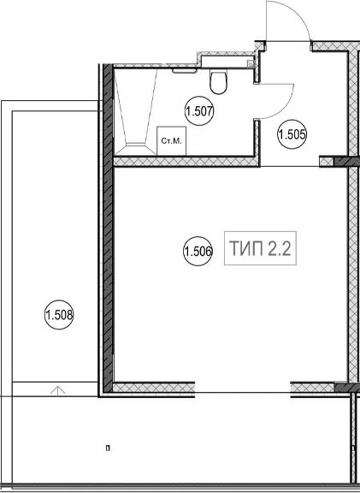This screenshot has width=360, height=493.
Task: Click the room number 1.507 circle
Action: point(199,111)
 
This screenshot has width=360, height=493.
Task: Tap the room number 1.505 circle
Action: point(292,134)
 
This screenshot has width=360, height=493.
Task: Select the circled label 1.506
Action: point(198,252)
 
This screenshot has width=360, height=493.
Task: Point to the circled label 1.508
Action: point(59,315)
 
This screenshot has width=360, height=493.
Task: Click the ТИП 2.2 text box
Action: point(260,248)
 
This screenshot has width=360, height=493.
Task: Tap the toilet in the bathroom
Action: point(218,82)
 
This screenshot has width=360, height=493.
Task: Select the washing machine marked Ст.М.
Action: point(172,141)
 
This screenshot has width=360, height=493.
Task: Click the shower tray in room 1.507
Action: point(135,111)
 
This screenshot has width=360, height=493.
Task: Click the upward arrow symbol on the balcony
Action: point(58,390)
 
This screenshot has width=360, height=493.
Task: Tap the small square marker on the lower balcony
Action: point(108,448)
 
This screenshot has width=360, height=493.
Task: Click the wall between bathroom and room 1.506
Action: point(186,162)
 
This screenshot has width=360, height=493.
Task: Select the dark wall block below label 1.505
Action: point(345,162)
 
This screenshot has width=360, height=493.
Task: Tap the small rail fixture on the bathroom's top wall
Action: point(185,71)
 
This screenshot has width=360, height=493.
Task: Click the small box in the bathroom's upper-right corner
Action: point(251,64)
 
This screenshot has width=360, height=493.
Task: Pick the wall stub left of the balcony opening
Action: point(154,388)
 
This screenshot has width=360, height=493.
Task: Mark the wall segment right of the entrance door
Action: point(335,46)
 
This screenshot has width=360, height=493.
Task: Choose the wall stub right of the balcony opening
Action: point(313,388)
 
